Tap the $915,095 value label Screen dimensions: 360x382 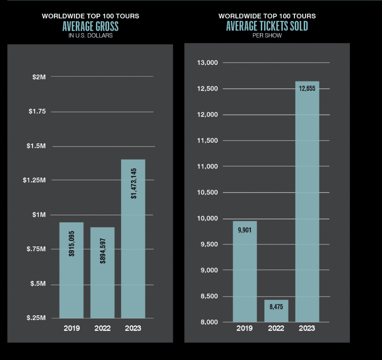coord(71,251)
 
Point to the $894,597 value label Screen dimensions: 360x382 coord(103,251)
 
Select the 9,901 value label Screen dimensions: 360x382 coord(245,230)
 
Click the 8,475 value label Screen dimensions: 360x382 coord(276,308)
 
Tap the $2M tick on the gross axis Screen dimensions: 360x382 coord(38,77)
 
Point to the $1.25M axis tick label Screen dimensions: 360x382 coord(34,180)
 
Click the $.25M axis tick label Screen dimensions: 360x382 coord(36,318)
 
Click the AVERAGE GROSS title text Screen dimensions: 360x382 coord(91,26)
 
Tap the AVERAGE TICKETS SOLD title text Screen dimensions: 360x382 coord(267,26)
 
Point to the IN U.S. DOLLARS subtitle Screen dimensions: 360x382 coord(91,36)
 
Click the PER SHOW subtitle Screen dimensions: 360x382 coord(267,36)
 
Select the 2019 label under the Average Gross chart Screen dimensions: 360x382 coord(71,328)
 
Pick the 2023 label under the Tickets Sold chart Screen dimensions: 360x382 coord(307,328)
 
